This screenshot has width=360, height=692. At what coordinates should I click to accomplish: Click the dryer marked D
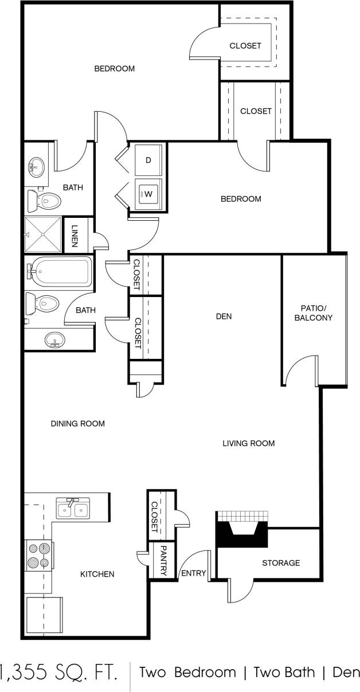(x=148, y=161)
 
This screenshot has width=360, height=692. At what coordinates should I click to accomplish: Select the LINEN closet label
(x=75, y=235)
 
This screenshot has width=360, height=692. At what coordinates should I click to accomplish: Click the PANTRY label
(x=163, y=560)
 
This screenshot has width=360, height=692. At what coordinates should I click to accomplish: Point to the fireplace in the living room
(x=242, y=530)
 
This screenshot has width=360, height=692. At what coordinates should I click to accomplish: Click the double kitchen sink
(x=72, y=508)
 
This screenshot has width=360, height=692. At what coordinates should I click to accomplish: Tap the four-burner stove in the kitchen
(x=38, y=556)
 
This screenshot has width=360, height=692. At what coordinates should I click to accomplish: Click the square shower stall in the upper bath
(x=42, y=234)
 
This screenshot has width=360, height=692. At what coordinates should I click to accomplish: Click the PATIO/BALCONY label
(x=313, y=312)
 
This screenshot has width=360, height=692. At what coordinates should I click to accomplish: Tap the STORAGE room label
(x=281, y=563)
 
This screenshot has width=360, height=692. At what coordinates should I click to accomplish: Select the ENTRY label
(x=193, y=573)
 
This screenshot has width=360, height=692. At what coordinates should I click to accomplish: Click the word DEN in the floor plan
(x=224, y=316)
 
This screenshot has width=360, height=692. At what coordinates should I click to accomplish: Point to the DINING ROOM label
(x=78, y=424)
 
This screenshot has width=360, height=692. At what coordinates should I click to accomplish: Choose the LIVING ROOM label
(x=249, y=443)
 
